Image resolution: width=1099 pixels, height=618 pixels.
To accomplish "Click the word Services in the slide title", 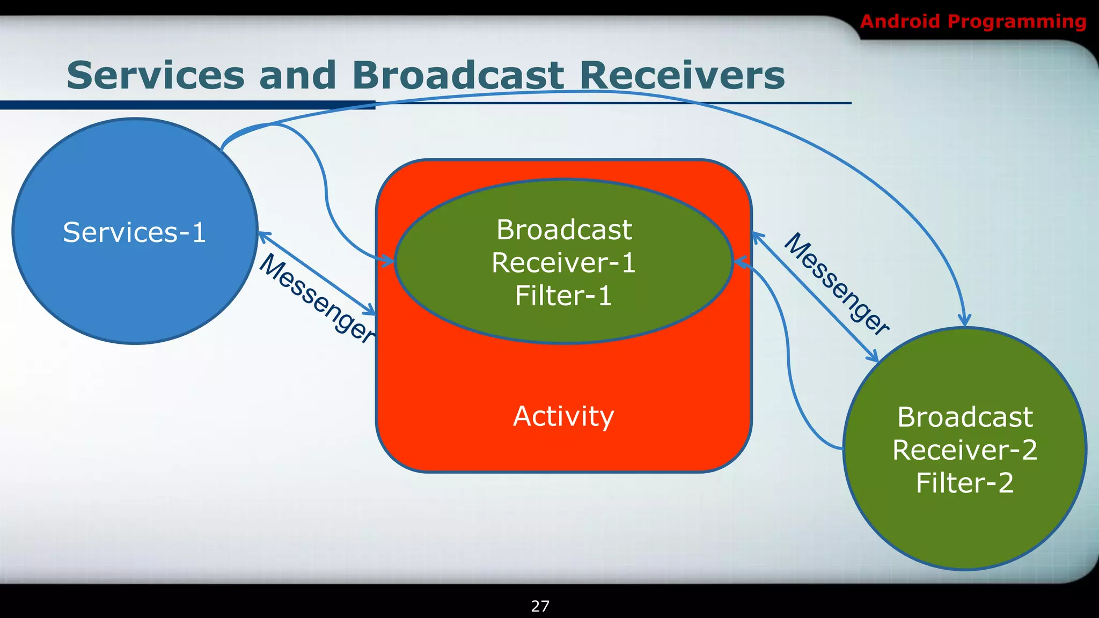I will point(156,75).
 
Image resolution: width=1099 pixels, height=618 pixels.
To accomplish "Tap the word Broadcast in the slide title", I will point(457,75).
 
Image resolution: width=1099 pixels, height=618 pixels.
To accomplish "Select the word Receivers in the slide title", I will point(682,75).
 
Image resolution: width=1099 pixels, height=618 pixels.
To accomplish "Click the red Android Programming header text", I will point(972,21).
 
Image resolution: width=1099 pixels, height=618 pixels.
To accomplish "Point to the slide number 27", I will point(540,606).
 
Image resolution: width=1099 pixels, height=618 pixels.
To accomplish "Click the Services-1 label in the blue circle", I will point(134,232).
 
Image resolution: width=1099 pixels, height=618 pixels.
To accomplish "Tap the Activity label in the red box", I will point(563,416).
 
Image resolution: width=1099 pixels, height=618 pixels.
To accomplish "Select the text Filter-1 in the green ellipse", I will point(563,296).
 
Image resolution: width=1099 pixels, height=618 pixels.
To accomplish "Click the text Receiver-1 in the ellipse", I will point(563,263).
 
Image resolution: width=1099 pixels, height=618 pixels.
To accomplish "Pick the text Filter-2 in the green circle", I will point(964,483).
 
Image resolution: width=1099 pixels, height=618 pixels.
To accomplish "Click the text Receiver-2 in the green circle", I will point(964,450).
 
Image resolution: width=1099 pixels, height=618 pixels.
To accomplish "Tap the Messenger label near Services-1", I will point(317,298).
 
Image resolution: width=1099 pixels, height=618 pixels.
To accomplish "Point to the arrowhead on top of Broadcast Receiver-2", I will point(965,321).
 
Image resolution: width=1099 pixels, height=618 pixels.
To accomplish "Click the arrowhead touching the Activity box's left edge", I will point(370,311).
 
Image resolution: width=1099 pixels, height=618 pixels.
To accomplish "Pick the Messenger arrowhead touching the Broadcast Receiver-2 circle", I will point(873,356).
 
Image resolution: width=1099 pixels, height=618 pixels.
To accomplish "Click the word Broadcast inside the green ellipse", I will point(563,230).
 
